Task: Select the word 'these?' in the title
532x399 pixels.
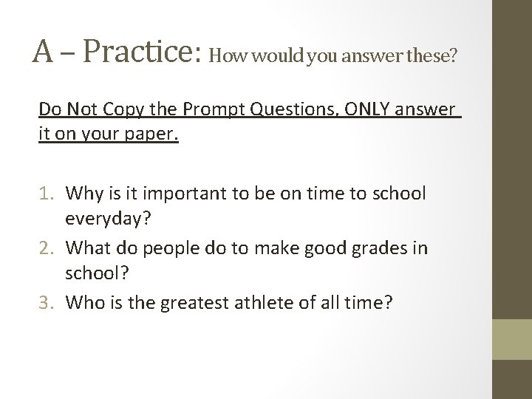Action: tap(432, 55)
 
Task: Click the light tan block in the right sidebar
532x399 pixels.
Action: tap(512, 338)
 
